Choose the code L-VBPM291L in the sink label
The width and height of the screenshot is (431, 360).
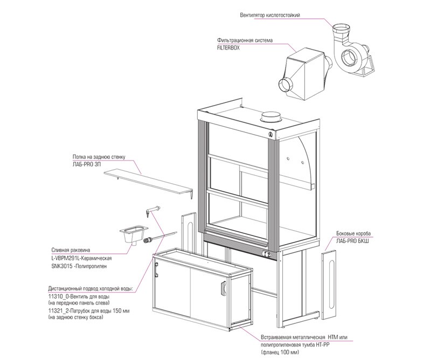click(64, 258)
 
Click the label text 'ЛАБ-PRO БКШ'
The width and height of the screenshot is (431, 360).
click(352, 241)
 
